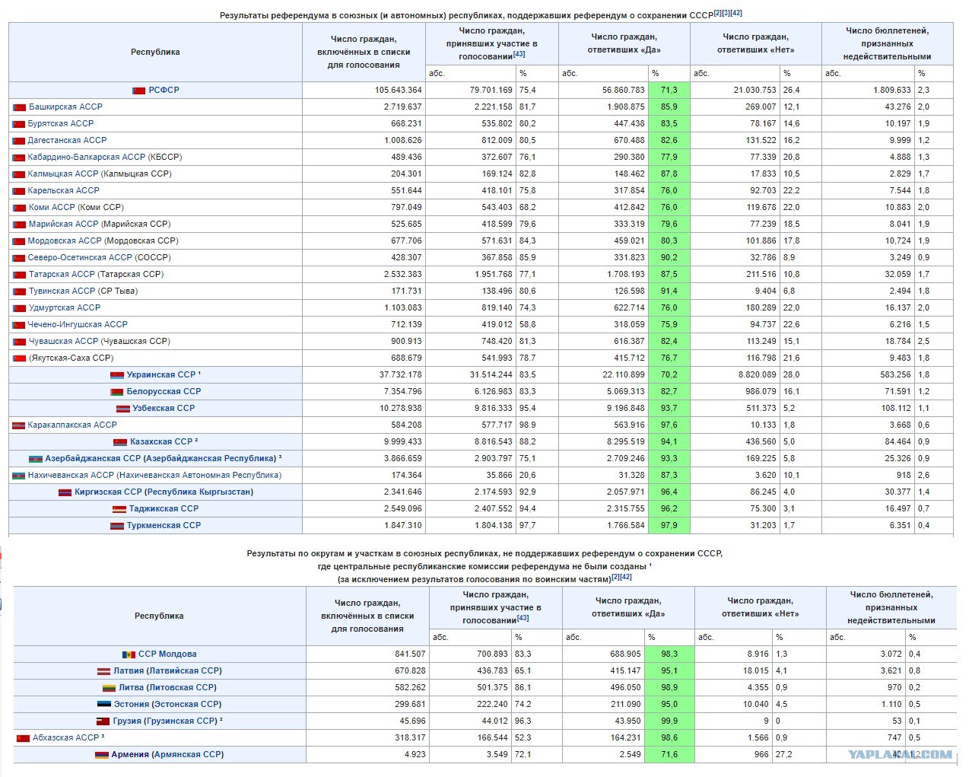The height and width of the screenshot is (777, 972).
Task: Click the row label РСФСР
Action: tap(164, 90)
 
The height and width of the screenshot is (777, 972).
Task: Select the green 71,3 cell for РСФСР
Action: tap(669, 90)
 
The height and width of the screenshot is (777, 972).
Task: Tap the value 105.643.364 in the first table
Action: tap(398, 90)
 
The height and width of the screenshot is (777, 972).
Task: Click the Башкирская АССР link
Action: tap(65, 107)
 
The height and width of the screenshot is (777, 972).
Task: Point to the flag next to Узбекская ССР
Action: tap(123, 409)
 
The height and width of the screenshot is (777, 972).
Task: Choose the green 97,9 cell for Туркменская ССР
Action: tap(669, 525)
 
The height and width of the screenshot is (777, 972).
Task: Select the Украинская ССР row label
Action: tap(161, 374)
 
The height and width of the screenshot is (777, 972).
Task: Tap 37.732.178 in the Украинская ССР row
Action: tap(400, 374)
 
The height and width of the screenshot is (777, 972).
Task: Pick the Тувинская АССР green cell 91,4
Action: tap(669, 291)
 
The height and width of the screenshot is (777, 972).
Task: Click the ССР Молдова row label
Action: tap(167, 654)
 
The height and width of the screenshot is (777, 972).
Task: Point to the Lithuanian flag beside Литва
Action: tap(109, 688)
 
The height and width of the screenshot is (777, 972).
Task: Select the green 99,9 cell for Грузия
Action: tap(669, 721)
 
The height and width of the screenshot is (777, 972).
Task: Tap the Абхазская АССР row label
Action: tap(66, 737)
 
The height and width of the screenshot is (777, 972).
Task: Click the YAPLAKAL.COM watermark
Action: tap(901, 754)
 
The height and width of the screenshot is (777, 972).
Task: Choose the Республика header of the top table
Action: tap(155, 52)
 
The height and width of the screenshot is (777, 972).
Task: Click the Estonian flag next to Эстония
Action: tap(104, 704)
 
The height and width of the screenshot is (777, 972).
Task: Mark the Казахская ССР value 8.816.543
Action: tap(494, 441)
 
